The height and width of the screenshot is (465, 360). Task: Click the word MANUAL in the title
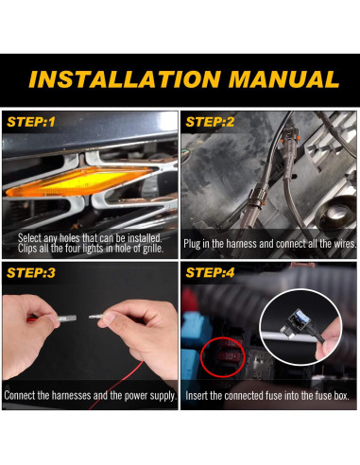(283, 79)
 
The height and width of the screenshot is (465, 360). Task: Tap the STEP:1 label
(31, 122)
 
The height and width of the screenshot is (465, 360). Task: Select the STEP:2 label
(210, 122)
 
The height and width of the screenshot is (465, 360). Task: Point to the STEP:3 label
(31, 273)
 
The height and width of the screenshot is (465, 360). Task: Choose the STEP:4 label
(210, 273)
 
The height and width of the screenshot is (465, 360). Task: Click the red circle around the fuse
(223, 357)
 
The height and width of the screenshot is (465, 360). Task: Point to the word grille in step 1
(153, 249)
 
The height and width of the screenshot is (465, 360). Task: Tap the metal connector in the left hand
(66, 319)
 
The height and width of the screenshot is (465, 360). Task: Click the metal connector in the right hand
(96, 317)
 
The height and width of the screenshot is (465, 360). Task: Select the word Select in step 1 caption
(29, 238)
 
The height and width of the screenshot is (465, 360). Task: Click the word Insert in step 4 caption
(197, 396)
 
